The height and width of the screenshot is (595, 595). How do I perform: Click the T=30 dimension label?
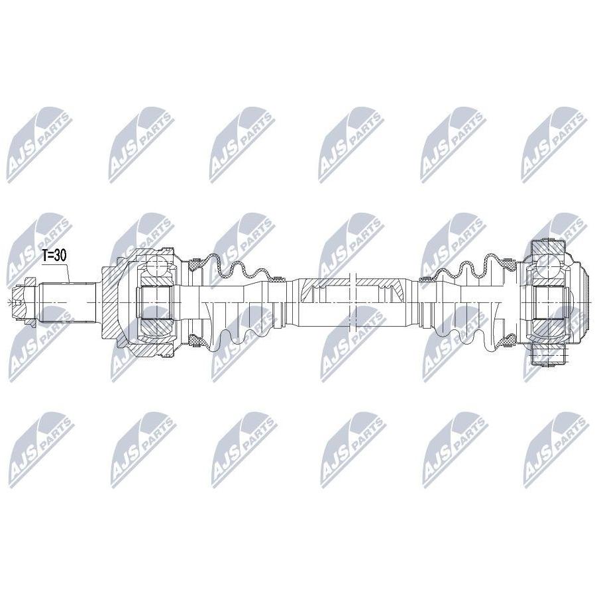coord(54,256)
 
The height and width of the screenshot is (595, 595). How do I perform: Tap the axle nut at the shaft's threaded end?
coord(24,302)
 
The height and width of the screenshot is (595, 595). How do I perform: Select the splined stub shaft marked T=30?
coord(67,302)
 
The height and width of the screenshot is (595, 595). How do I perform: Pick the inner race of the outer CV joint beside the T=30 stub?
coord(156,302)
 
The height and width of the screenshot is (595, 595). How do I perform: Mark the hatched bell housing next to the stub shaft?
coord(114,302)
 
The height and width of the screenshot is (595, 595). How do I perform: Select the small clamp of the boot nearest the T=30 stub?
coord(281,280)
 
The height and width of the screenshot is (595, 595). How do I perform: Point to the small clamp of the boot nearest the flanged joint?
coord(423,280)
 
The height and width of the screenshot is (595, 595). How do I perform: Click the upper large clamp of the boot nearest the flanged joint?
coord(508,262)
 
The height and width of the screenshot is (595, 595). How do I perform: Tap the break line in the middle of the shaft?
coord(353,302)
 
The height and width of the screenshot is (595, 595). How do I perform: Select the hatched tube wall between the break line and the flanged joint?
coord(380,283)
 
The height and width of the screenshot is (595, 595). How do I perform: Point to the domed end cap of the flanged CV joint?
coord(577,302)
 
